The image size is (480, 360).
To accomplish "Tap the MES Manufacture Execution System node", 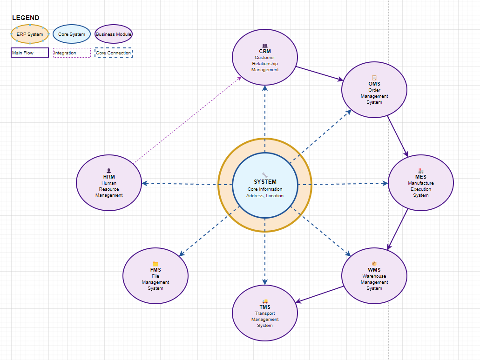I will point(420,183).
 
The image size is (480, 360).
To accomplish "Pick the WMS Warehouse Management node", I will point(374,276).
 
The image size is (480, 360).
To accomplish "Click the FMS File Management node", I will point(155,276).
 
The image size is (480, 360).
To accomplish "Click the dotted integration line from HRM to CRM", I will point(188,120).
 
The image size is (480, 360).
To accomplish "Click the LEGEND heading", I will point(26,18).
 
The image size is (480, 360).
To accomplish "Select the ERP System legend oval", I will point(30,34).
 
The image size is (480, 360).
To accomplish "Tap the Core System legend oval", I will point(72,34).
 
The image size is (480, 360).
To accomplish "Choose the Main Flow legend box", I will point(30,53).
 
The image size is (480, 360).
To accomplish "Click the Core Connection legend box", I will point(114,53).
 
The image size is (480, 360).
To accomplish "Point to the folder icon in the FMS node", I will point(155,264).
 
